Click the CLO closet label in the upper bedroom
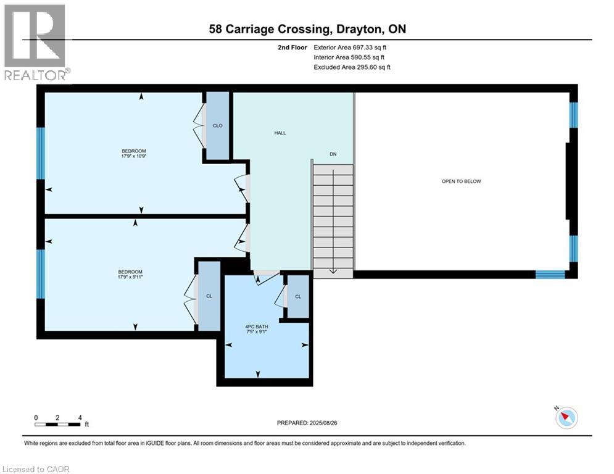point(217,126)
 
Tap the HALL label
point(280,133)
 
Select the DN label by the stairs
point(333,154)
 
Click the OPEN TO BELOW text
point(461,181)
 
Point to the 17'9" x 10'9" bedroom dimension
point(134,156)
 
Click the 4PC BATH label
point(255,326)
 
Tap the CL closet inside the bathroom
point(298,297)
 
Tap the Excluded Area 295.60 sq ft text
point(352,67)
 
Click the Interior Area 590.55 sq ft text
point(349,57)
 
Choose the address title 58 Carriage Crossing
point(307,30)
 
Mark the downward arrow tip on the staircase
point(333,271)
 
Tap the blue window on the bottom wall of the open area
point(549,275)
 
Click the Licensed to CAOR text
point(36,469)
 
